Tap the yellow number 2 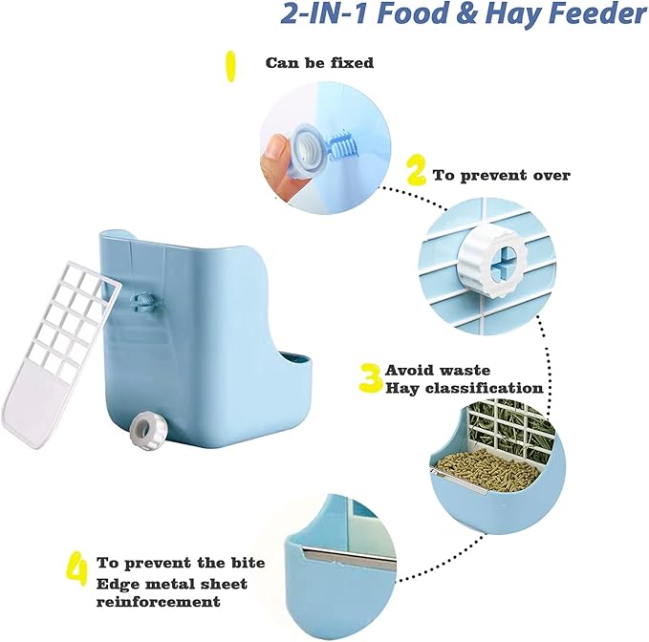coord(416,173)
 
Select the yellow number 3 coord(370,378)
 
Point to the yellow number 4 coord(77,570)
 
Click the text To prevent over coord(501,175)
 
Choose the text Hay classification coord(464,388)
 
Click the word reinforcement coord(158,602)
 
